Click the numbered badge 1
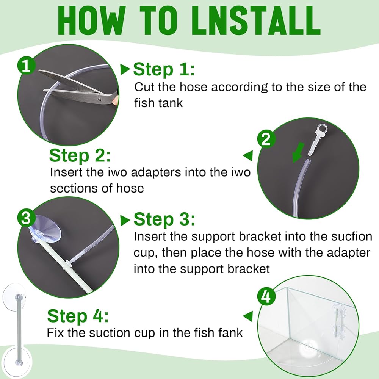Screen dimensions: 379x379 [27, 66]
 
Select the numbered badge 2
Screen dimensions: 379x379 [266, 139]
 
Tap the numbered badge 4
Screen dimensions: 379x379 [266, 296]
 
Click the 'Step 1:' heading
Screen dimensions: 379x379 [164, 69]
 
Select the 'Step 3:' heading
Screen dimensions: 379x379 [164, 219]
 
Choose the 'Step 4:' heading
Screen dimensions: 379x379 [78, 316]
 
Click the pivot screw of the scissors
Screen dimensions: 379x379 [100, 99]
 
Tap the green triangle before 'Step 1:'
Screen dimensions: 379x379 [125, 70]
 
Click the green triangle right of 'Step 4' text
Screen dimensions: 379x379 [248, 316]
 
